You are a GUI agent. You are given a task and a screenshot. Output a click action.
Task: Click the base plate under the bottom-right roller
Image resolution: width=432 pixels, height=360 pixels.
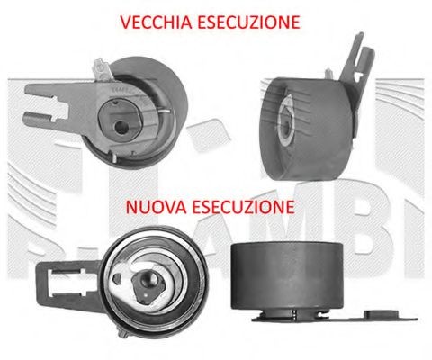297,314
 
